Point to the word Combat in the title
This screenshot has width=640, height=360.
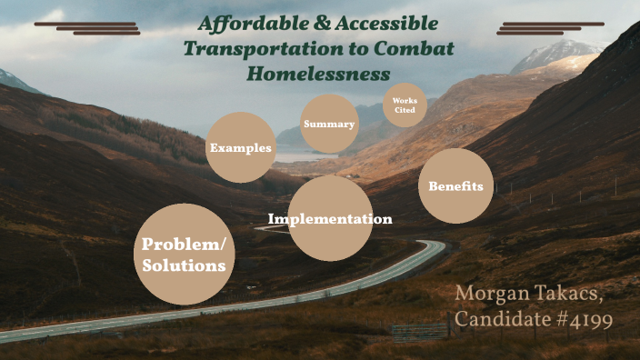[404, 49]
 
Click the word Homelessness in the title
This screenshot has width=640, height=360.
[318, 74]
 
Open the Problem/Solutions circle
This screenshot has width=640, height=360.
[184, 255]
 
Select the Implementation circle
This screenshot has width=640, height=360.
[330, 219]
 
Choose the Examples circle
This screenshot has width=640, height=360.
[240, 147]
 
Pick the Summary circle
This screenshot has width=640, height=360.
[329, 124]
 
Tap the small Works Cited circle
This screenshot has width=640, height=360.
[405, 105]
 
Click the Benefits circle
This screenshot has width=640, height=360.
[455, 186]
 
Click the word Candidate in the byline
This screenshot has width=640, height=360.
[498, 320]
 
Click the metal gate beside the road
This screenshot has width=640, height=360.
[414, 331]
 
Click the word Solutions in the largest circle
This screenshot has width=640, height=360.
[184, 265]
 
